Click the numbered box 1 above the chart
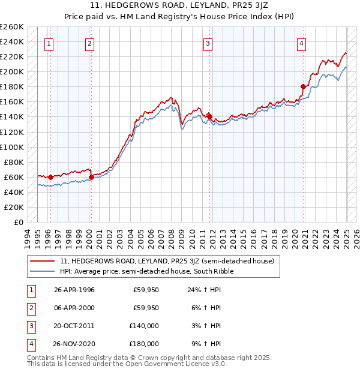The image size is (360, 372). point(48,43)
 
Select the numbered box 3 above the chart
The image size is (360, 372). point(207,43)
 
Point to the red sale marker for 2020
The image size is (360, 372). point(304,86)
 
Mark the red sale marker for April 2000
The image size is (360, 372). point(91,177)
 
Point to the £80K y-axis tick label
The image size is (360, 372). point(14,162)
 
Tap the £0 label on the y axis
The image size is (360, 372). point(19,222)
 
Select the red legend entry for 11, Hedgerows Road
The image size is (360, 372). point(167,261)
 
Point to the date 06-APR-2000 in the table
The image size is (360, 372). point(74,308)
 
